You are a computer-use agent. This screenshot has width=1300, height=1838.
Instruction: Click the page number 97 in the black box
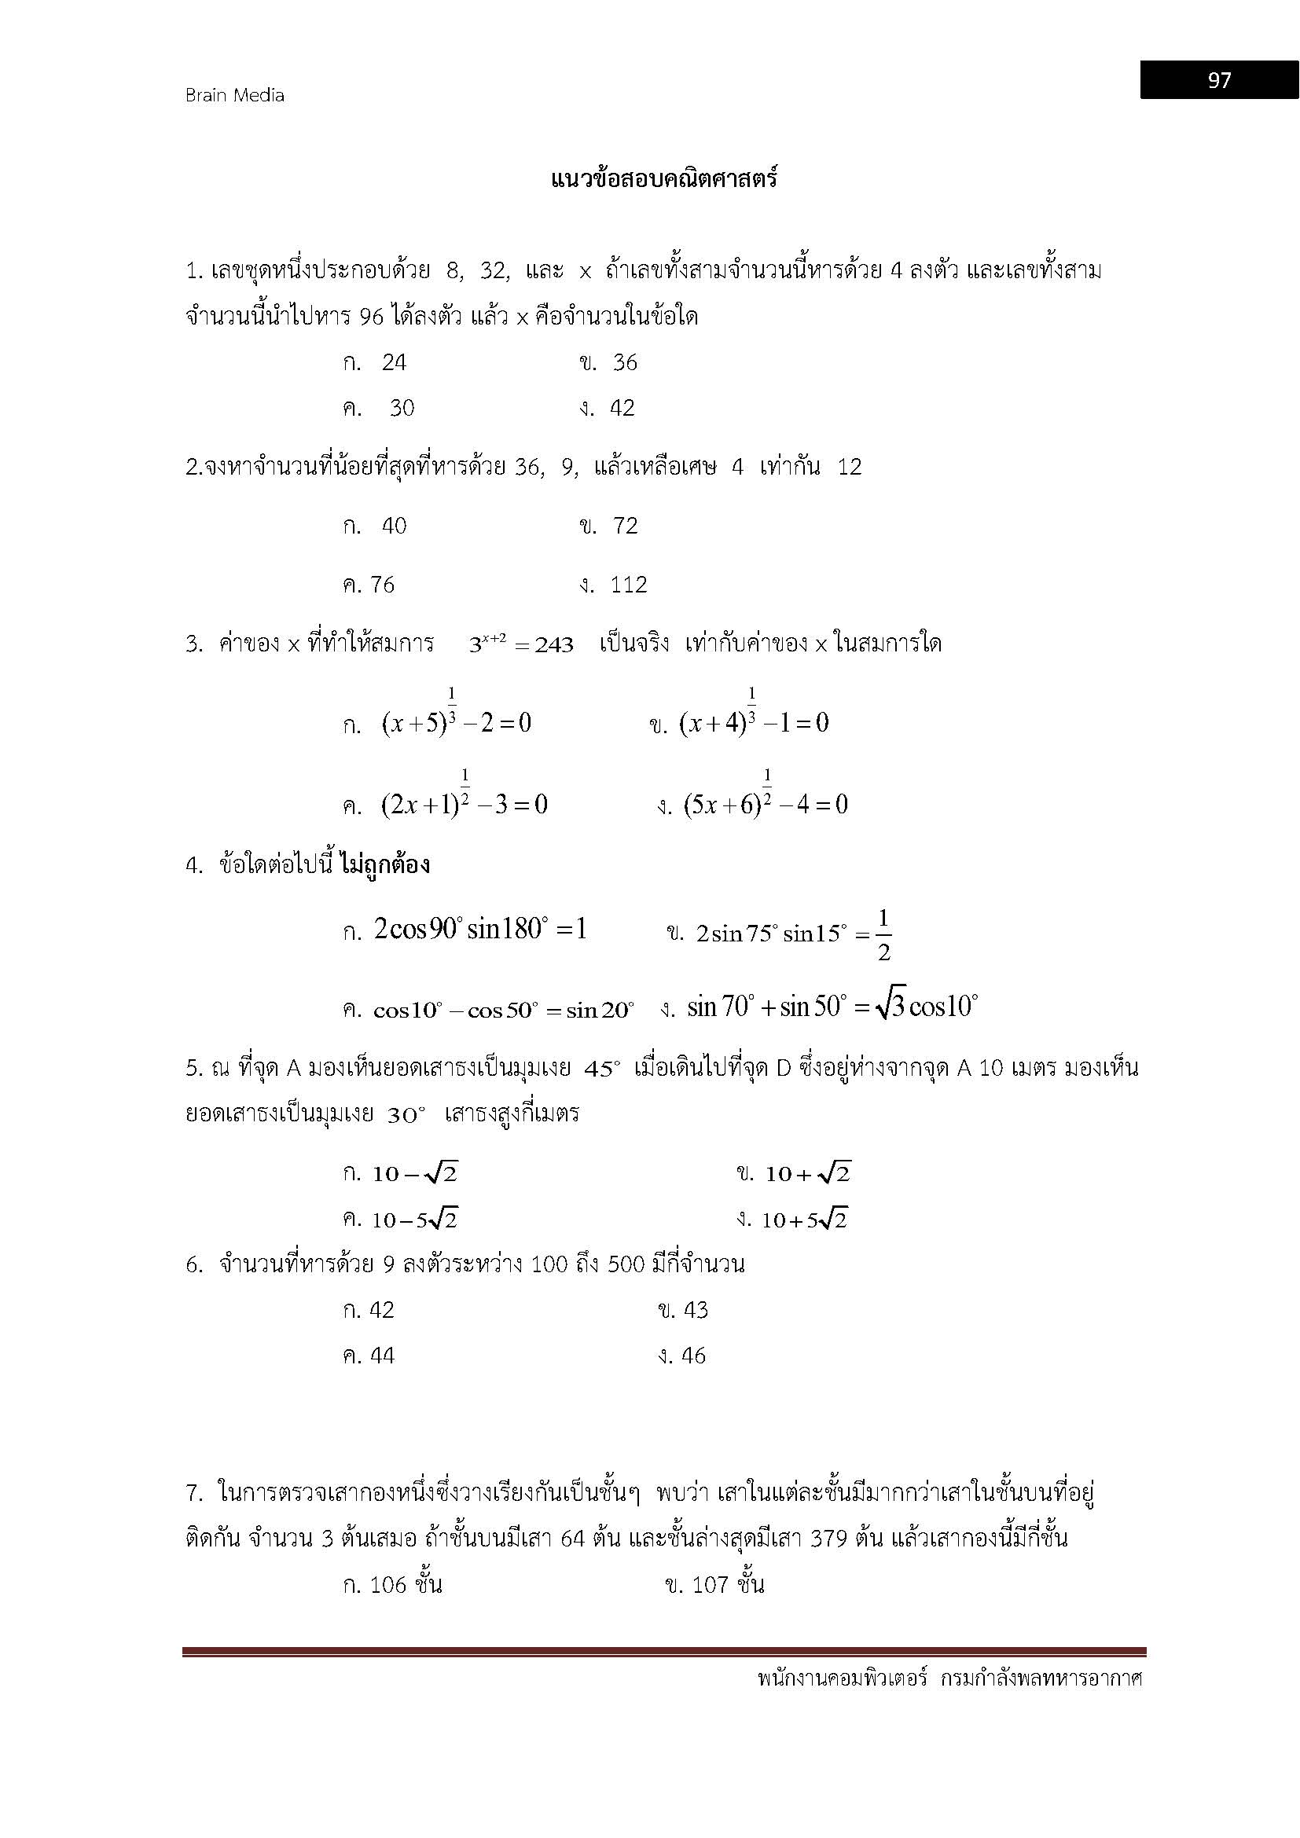coord(1219,80)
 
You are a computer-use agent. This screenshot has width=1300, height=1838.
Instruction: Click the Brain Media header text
coord(234,95)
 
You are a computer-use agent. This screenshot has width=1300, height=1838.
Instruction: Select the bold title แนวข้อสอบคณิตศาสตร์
coord(664,178)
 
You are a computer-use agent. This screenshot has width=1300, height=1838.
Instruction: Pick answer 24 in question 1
coord(394,362)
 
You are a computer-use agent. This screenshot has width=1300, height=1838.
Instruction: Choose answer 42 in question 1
coord(622,409)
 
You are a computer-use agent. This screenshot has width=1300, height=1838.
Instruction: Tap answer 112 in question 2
coord(629,585)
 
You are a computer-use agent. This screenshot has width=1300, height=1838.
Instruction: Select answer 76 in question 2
coord(382,585)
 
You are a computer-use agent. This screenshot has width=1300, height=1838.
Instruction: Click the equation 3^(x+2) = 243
coord(521,644)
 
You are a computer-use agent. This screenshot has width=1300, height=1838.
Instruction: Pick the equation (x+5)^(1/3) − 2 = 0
coord(457,723)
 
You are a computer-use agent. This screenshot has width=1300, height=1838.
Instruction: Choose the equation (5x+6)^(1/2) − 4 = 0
coord(766,804)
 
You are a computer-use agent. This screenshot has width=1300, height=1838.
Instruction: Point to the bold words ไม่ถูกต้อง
coord(385,864)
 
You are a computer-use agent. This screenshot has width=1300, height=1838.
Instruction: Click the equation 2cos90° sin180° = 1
coord(480,930)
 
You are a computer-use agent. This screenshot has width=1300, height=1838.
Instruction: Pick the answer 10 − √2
coord(415,1174)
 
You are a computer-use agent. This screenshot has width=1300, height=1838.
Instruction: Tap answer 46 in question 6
coord(693,1356)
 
